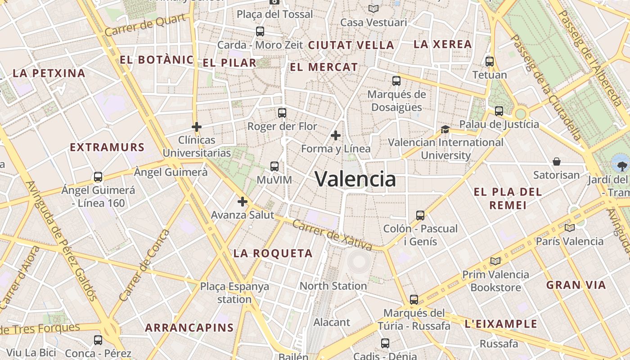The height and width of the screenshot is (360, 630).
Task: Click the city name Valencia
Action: (355, 179)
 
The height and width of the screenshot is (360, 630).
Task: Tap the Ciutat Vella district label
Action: (351, 45)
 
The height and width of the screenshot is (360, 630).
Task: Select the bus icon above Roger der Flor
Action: (282, 113)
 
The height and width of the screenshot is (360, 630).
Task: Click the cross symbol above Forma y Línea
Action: (335, 135)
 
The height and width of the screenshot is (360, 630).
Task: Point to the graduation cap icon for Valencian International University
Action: (445, 129)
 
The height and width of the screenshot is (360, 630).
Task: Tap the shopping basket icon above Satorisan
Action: (557, 162)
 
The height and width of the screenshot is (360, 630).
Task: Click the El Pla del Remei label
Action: (508, 198)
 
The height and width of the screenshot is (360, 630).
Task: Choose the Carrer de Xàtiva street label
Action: (332, 235)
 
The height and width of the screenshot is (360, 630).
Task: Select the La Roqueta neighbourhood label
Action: (273, 253)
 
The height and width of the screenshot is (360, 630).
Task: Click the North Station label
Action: (333, 286)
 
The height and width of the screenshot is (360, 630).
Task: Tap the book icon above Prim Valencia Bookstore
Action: (495, 261)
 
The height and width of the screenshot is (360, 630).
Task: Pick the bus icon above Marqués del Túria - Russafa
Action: (414, 299)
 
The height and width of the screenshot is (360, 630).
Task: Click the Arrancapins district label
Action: (189, 328)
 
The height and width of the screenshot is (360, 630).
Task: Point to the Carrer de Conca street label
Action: (144, 265)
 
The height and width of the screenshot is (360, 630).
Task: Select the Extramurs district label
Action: (107, 147)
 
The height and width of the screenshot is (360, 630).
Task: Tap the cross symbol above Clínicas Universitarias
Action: (197, 127)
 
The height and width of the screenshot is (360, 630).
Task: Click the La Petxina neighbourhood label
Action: (49, 73)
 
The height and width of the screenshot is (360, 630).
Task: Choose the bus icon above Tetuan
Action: (490, 62)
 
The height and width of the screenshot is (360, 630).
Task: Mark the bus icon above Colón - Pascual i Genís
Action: (420, 215)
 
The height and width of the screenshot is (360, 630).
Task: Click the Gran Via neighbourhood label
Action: (576, 285)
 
